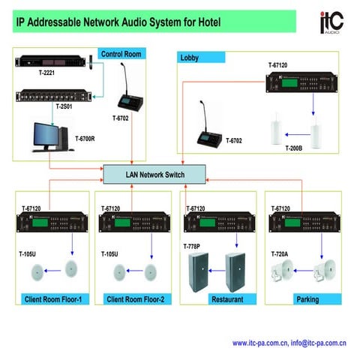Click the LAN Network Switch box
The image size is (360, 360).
pyautogui.click(x=154, y=175)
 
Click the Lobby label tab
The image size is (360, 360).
pyautogui.click(x=190, y=57)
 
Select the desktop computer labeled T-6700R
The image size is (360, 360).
pyautogui.click(x=48, y=136)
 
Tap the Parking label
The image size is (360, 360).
pyautogui.click(x=307, y=299)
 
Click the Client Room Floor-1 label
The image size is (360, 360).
pyautogui.click(x=55, y=299)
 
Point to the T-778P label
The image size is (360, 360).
pyautogui.click(x=193, y=245)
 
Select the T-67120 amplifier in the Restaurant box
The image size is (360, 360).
pyautogui.click(x=214, y=223)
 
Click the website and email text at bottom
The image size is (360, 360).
pyautogui.click(x=289, y=343)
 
